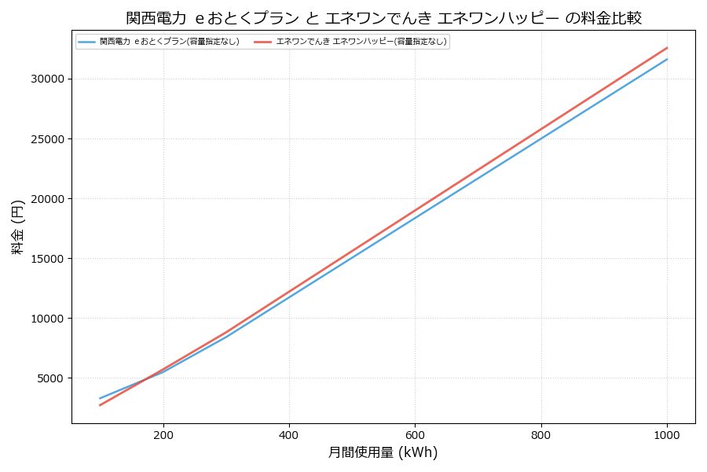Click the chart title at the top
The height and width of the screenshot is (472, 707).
pos(383,18)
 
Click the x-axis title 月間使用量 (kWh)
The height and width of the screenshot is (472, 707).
pos(383,452)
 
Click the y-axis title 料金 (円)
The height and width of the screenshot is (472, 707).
pos(17,227)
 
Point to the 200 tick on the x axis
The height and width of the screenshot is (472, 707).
pos(163,434)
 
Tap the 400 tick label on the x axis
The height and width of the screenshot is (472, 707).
pos(289,434)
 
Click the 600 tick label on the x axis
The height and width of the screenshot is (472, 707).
pos(415,434)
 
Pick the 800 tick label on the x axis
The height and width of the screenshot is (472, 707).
pos(541,434)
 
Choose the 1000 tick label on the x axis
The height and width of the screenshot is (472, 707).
pos(667,434)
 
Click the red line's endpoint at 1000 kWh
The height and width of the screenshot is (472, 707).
pos(667,47)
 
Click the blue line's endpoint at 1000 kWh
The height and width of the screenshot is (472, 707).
pos(667,59)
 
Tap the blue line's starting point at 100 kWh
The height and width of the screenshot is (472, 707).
pos(101,398)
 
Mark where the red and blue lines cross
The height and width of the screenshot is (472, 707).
pos(140,381)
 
